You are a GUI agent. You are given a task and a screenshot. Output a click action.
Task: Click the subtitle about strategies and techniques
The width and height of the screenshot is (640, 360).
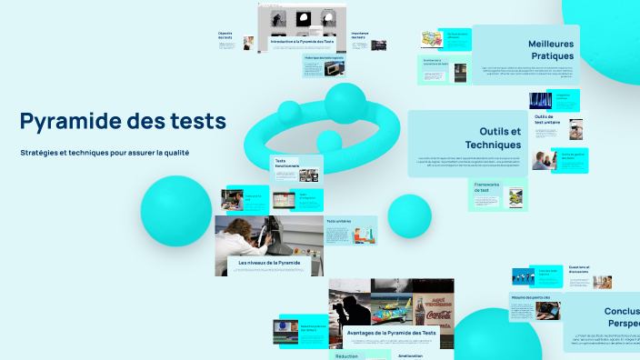point(105,152)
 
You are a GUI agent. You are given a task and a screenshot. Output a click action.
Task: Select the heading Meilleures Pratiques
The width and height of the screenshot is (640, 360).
point(551,49)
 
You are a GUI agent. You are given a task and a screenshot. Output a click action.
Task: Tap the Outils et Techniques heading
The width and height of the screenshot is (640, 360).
point(493,138)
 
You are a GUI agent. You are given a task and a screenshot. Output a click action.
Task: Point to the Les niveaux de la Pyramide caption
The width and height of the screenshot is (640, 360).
point(268,263)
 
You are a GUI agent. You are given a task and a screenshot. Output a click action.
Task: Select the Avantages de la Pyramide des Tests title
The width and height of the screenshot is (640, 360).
point(391,334)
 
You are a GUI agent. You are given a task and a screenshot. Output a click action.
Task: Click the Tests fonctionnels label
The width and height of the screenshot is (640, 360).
point(287,164)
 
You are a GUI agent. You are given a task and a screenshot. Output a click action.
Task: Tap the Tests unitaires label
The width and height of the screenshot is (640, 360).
point(338,221)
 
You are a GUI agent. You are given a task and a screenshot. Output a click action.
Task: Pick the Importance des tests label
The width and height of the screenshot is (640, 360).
point(360,35)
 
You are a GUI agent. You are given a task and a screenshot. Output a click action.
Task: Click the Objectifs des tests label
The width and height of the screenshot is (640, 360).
point(225,35)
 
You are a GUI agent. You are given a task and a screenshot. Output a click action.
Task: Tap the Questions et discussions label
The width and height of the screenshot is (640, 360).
point(578,270)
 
